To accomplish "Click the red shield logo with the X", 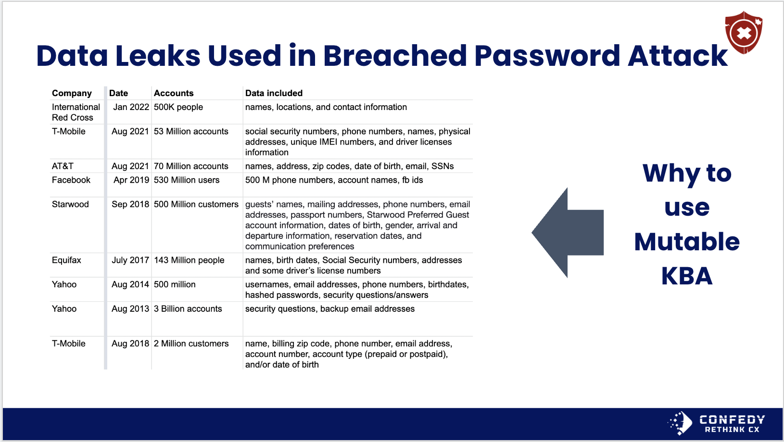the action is [x=744, y=33].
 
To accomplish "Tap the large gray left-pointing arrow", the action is [x=568, y=233].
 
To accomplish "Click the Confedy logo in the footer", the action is [x=716, y=423].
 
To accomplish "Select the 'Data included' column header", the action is [x=274, y=93].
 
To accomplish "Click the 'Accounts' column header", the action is [x=174, y=93].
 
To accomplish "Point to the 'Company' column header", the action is [x=72, y=93].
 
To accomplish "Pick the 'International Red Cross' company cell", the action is [x=76, y=112].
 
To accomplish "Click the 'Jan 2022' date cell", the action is [x=131, y=107].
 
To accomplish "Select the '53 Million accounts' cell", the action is [x=191, y=131].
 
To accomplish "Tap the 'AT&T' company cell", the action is [x=63, y=166].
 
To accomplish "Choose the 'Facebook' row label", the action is [x=71, y=180].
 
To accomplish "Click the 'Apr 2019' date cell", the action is [x=131, y=180].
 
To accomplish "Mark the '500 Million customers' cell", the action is [x=196, y=204].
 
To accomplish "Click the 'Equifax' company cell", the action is [x=66, y=260].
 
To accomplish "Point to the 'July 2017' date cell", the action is [x=130, y=260].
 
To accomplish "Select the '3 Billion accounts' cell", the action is [x=188, y=309].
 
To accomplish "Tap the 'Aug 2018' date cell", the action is [x=130, y=344].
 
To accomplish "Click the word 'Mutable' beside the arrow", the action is [x=687, y=242].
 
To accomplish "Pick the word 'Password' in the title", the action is [x=547, y=56].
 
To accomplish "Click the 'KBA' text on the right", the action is [x=687, y=276].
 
